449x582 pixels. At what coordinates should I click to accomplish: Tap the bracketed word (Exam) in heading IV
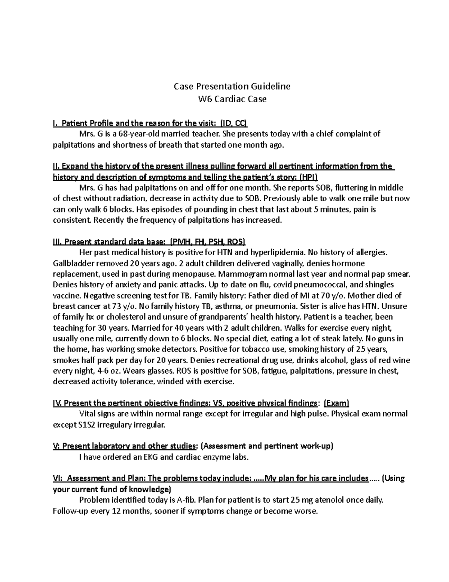click(336, 403)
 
